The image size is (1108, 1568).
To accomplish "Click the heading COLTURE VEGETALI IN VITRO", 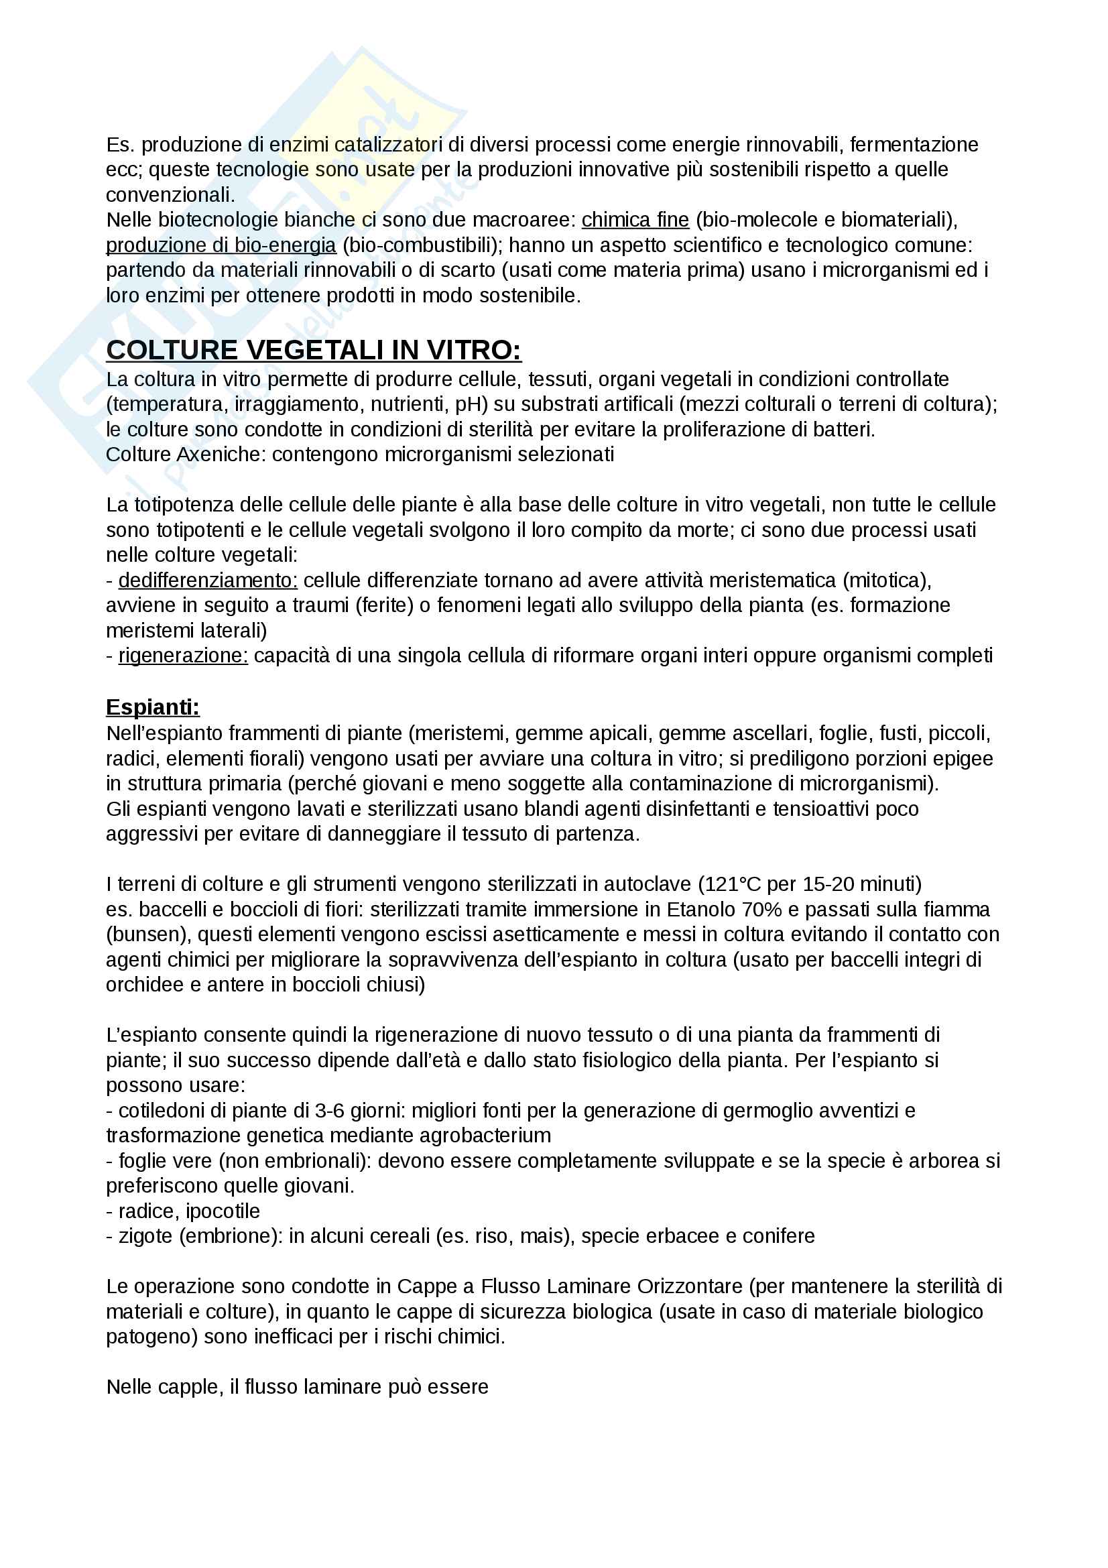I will point(313,351).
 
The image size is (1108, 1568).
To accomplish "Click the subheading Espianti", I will point(152,707).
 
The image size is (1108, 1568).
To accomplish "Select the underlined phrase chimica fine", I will point(635,220).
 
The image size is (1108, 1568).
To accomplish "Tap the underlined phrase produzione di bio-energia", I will point(221,245).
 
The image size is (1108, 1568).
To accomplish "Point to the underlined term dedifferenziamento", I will point(208,581).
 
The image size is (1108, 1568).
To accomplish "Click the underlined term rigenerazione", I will point(183,656).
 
